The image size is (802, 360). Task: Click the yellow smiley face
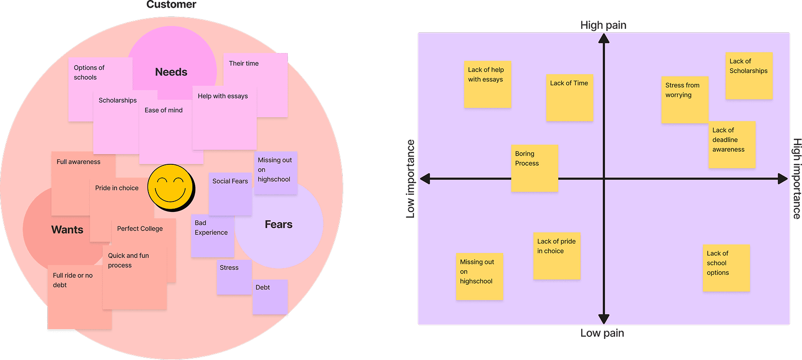[x=171, y=187]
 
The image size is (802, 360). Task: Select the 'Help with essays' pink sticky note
[x=224, y=118]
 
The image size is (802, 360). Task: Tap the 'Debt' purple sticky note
[x=270, y=297]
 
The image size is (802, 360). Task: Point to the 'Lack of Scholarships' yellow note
[x=749, y=76]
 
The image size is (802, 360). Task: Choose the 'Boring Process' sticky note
[x=534, y=168]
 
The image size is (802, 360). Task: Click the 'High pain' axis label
[x=603, y=25]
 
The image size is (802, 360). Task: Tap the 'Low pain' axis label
[x=601, y=333]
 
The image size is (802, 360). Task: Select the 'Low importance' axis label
[x=410, y=179]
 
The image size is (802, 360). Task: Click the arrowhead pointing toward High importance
[x=783, y=179]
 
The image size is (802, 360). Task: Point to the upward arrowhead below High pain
[x=604, y=38]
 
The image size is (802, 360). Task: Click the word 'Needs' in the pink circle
[x=171, y=72]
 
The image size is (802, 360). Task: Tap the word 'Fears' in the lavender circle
[x=279, y=225]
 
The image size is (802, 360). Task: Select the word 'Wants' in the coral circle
[x=67, y=230]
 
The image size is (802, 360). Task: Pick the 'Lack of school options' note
[x=726, y=268]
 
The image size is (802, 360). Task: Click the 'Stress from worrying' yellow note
[x=684, y=100]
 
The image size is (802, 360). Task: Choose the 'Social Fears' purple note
[x=230, y=194]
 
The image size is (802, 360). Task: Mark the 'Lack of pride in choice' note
[x=557, y=256]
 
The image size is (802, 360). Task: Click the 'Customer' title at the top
[x=171, y=5]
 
